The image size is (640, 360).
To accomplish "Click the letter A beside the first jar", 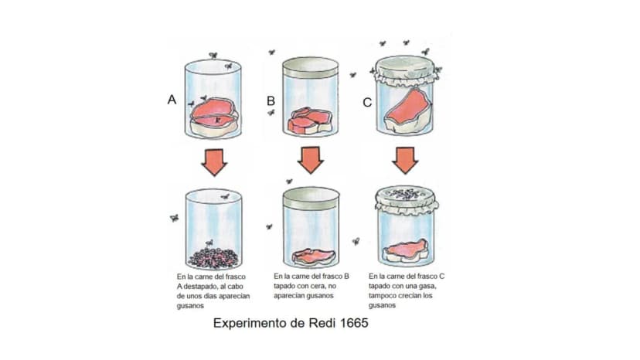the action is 172,100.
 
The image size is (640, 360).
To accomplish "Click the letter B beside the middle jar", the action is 271,101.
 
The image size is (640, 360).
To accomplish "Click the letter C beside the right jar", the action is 367,103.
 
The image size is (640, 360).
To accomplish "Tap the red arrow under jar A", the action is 214,162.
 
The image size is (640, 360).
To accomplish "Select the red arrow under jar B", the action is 311,160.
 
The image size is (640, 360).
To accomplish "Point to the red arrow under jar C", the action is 405,160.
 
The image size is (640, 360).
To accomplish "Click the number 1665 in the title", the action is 354,323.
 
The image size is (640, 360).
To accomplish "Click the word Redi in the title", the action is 322,323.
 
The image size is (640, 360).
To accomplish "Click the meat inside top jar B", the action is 310,121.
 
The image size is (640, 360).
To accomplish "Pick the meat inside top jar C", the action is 408,111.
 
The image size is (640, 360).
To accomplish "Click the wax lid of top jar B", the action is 311,67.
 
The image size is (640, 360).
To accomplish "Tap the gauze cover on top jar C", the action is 405,70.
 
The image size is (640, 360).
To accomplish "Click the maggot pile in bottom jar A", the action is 213,258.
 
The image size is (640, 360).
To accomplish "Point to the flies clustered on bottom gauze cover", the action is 405,194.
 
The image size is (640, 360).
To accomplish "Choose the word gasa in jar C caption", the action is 427,286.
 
